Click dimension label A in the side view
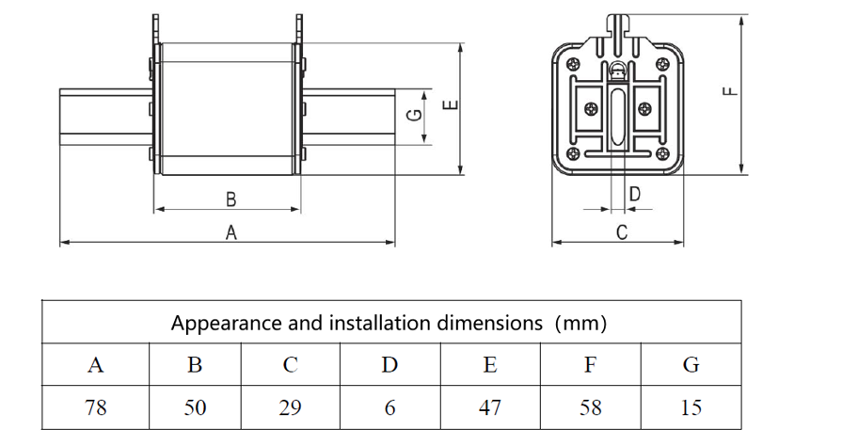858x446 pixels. click(231, 232)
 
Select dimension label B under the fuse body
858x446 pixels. click(230, 199)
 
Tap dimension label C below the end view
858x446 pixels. click(622, 232)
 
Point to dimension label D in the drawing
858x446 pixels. click(635, 194)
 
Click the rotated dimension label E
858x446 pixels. click(451, 104)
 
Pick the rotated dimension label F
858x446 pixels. click(730, 91)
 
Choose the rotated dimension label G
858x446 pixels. click(416, 115)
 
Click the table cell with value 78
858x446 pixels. click(96, 407)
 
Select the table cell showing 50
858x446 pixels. click(195, 407)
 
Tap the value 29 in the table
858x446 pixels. click(290, 407)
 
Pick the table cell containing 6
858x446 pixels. click(389, 407)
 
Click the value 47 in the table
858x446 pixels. click(490, 407)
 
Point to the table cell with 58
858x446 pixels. click(591, 407)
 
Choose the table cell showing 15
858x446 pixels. click(691, 407)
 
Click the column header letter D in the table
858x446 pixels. click(389, 364)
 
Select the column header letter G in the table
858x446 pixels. click(691, 364)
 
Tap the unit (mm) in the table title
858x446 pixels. click(580, 324)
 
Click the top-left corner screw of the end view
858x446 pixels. click(573, 63)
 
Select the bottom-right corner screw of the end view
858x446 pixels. click(662, 153)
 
